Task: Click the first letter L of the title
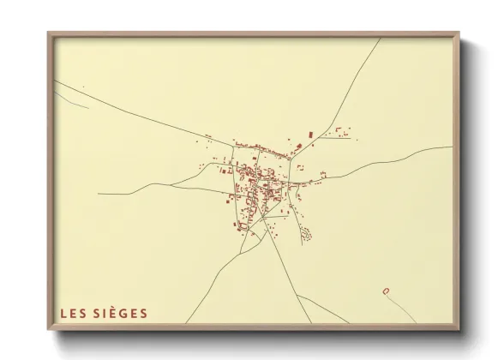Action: [63, 314]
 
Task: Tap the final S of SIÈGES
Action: [143, 314]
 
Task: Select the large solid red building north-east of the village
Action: [309, 135]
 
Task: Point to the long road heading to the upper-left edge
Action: [129, 108]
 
